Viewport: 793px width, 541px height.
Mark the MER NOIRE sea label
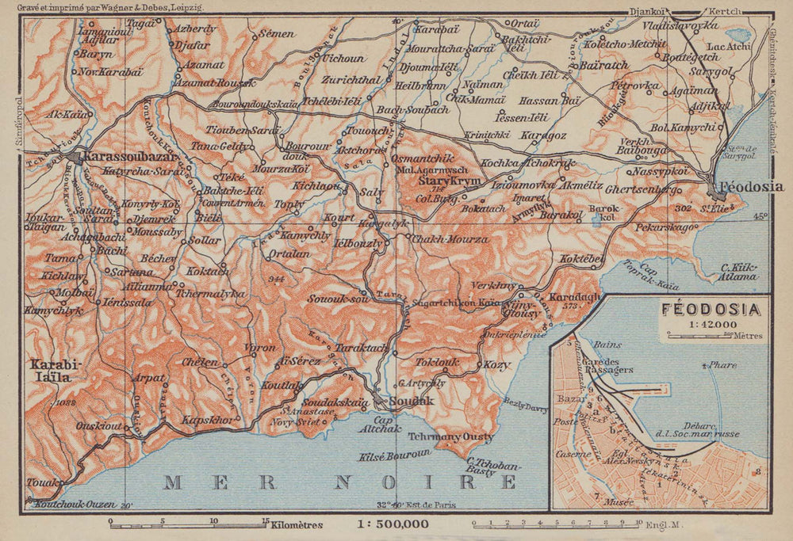click(x=341, y=481)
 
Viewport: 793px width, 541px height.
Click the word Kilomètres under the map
click(x=297, y=524)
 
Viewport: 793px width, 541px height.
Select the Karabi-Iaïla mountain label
click(x=51, y=371)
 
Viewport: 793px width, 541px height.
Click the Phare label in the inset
click(x=723, y=365)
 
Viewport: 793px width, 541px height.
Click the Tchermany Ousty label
click(x=450, y=436)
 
